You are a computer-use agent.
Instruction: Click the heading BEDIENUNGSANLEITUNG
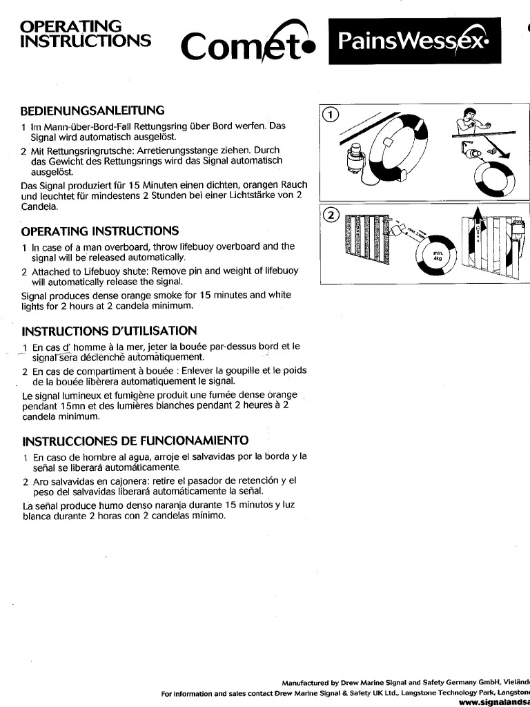tap(92, 110)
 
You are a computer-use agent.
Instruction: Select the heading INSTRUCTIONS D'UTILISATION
tap(109, 331)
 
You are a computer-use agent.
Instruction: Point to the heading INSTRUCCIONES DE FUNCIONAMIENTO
tap(135, 440)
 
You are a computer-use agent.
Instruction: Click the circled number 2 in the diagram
tap(331, 215)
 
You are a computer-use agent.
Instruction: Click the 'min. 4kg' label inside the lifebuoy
tap(436, 258)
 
